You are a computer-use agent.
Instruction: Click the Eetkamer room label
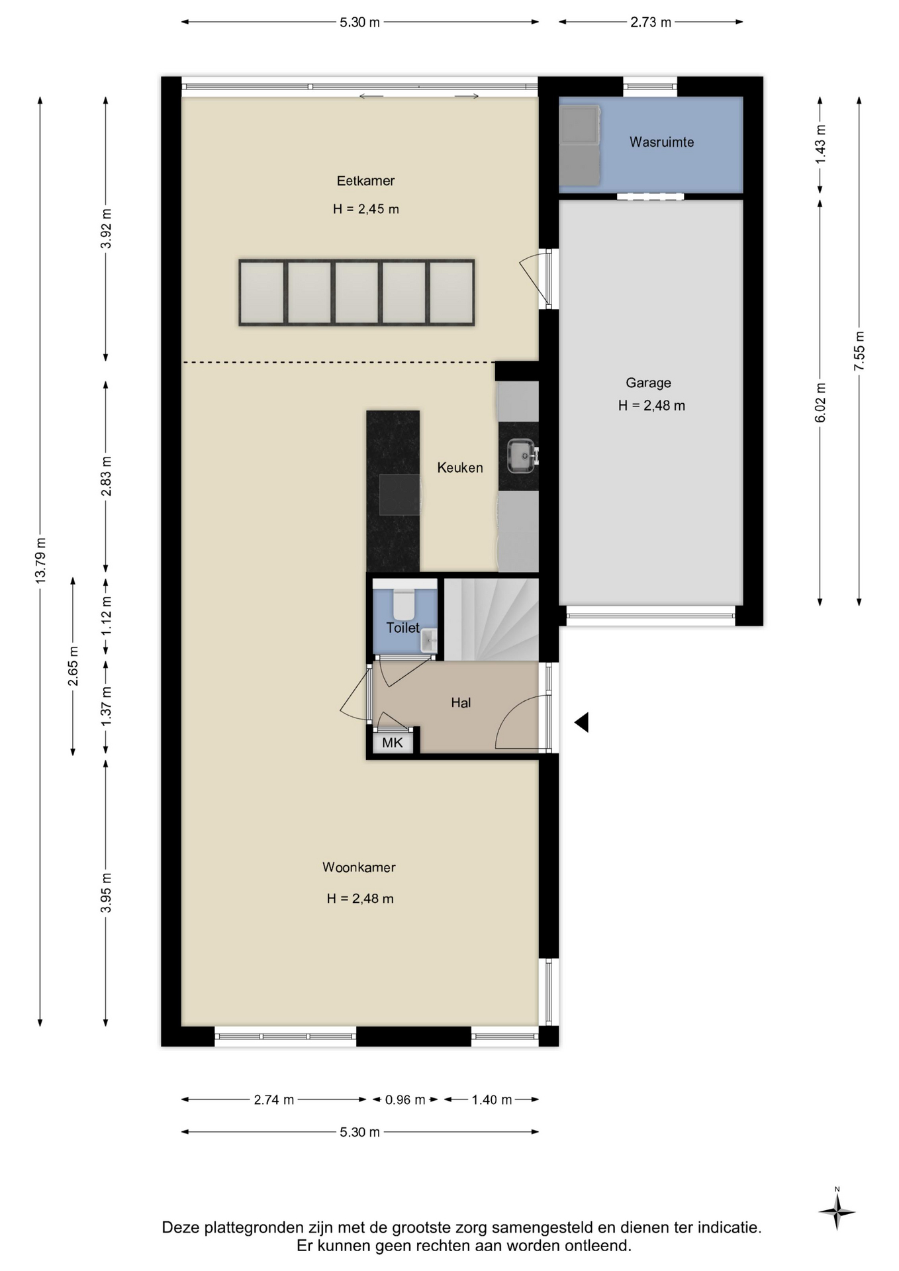point(365,181)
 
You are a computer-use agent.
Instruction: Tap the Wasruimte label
point(661,142)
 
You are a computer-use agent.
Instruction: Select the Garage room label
point(648,383)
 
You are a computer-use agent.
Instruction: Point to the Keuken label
point(460,468)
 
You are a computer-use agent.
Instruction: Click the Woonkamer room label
point(359,867)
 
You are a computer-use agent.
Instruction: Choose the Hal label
point(461,703)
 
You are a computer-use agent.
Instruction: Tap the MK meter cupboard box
point(393,742)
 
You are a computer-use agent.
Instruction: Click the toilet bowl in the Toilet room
point(404,603)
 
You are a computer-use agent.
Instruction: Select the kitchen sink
point(521,456)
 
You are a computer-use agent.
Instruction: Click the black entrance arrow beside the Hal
point(582,722)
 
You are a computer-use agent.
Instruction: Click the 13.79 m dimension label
point(40,561)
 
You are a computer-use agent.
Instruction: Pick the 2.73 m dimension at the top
point(651,23)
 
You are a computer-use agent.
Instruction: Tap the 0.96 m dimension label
point(405,1100)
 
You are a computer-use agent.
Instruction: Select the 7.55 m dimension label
point(859,351)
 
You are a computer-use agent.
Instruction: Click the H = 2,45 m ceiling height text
point(366,209)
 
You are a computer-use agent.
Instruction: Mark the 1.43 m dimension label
point(820,144)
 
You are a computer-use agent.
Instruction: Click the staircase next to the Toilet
point(491,620)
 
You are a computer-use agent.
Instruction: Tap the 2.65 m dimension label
point(73,666)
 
